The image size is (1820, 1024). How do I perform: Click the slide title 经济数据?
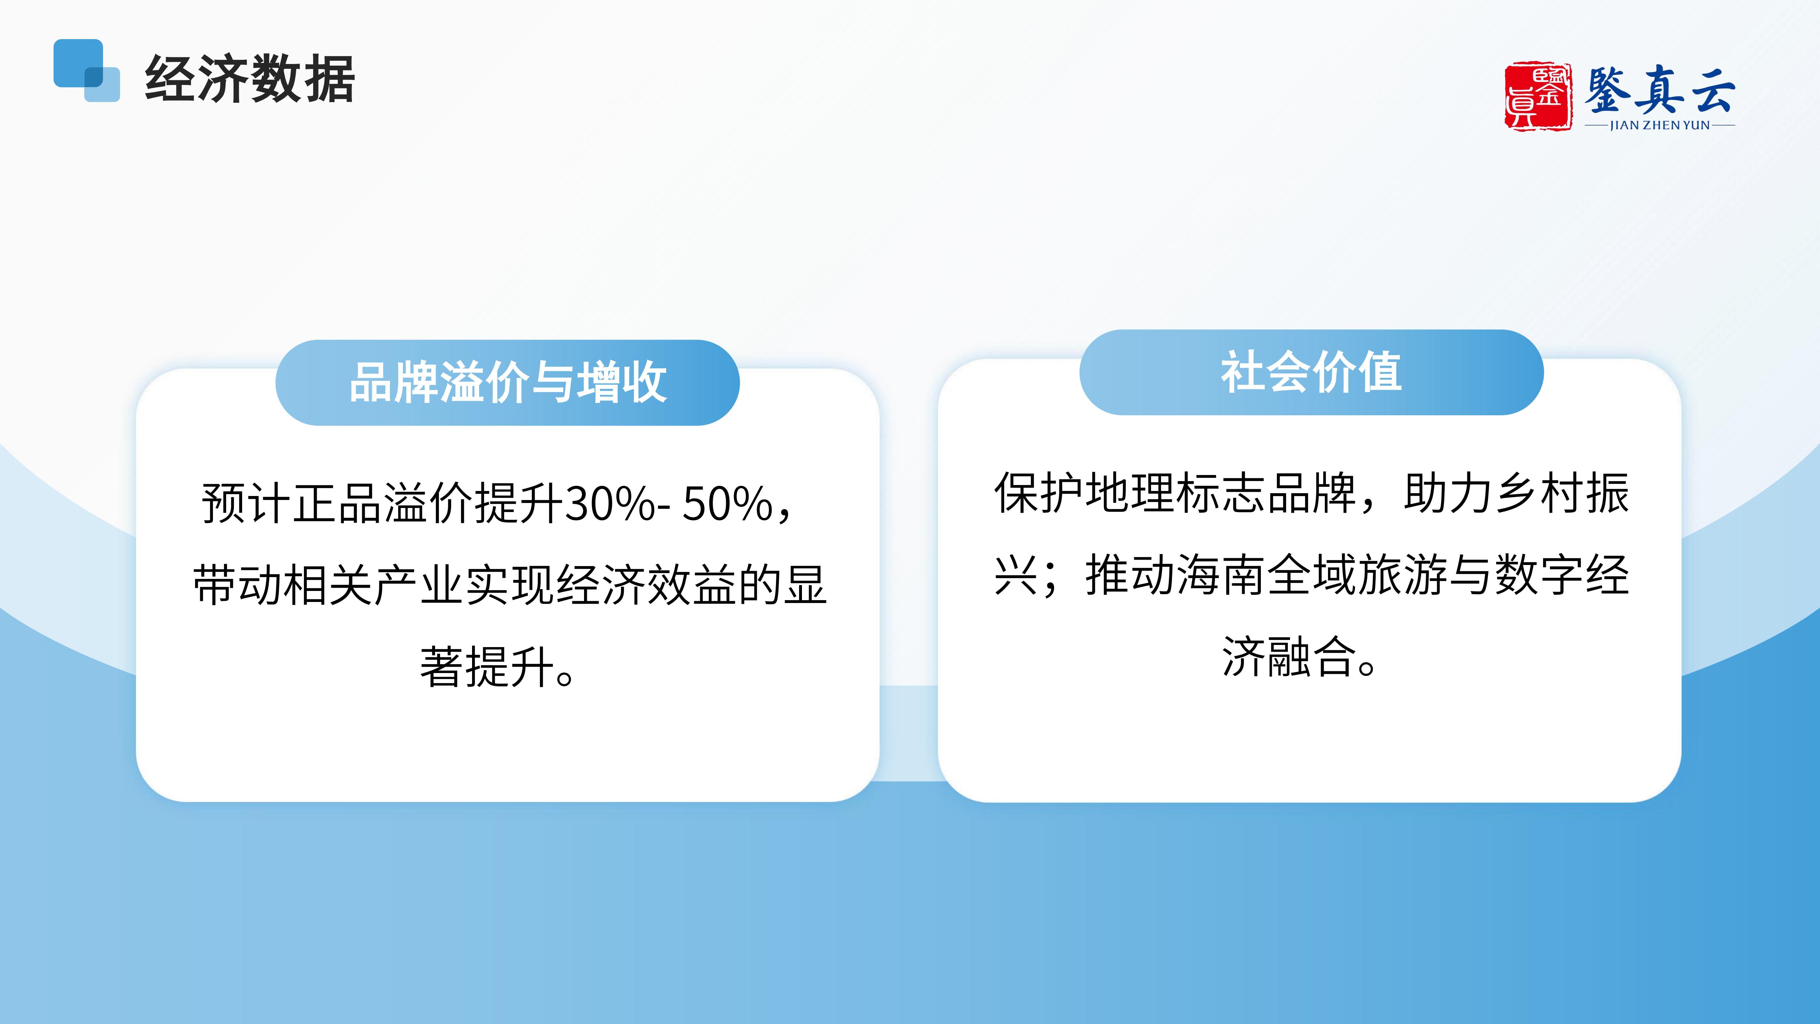coord(250,79)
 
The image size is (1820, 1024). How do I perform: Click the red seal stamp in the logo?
coord(1537,96)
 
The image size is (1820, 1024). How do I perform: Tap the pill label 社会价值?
coord(1311,372)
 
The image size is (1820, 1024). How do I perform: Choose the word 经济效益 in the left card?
coord(647,585)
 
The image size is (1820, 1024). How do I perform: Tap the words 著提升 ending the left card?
coord(487,667)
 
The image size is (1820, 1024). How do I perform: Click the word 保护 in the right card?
coord(1039,492)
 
